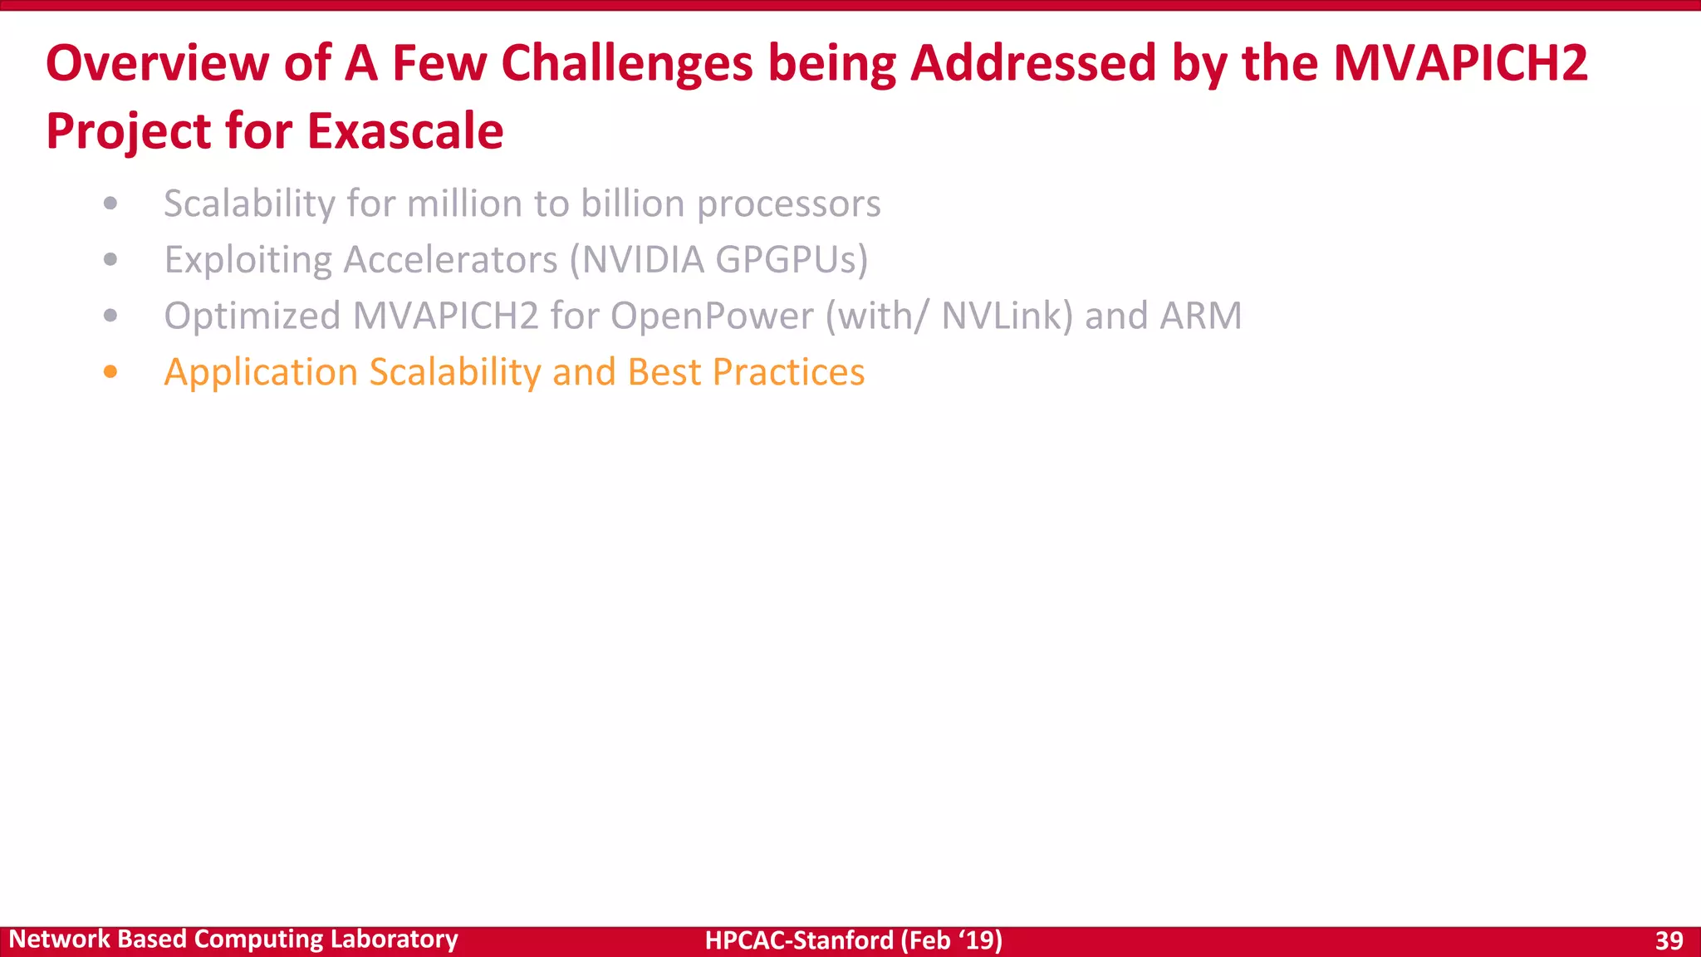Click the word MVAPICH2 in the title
1460,63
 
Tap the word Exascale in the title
405,131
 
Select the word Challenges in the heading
627,63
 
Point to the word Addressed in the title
1033,63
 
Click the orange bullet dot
110,371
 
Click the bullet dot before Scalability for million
110,204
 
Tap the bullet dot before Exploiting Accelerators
110,260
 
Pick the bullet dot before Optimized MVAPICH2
110,316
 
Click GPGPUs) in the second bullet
792,260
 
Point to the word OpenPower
712,317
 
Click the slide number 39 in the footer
1669,940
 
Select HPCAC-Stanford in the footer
799,940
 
